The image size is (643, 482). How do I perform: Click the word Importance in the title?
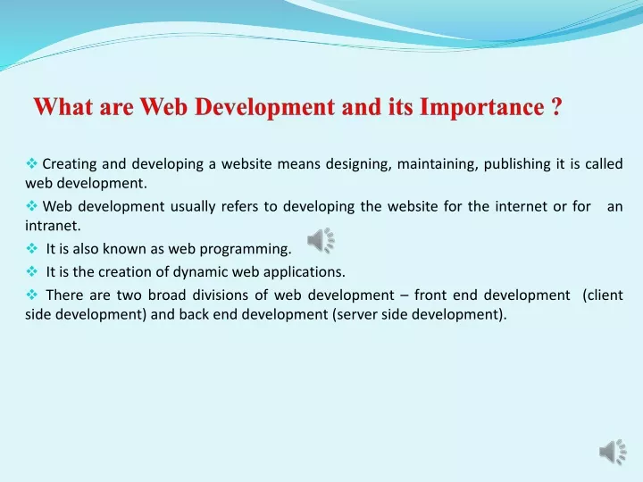click(x=482, y=107)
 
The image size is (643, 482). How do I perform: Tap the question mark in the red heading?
click(x=556, y=106)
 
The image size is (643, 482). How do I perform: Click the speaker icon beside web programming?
click(x=321, y=241)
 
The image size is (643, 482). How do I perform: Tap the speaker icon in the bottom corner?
click(x=613, y=452)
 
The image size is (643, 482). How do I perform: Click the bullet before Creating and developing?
click(x=31, y=163)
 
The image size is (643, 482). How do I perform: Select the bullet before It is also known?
click(x=31, y=248)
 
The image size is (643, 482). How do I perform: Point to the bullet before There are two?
click(x=31, y=295)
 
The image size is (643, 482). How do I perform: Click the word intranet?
click(x=53, y=226)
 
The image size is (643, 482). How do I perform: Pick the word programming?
click(x=246, y=249)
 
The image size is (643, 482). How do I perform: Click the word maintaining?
click(x=438, y=164)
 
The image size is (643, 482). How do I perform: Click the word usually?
click(x=193, y=207)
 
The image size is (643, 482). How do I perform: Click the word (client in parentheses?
click(x=603, y=295)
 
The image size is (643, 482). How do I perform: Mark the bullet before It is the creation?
click(x=31, y=271)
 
